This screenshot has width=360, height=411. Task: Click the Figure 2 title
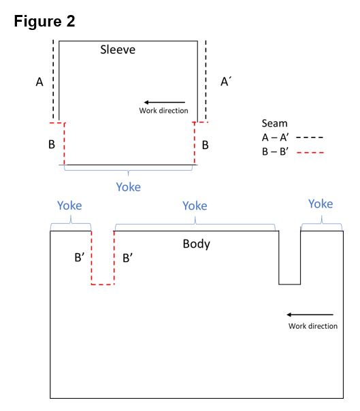tap(44, 21)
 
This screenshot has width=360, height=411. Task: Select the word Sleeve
tap(118, 50)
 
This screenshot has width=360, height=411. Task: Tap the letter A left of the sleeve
tap(39, 82)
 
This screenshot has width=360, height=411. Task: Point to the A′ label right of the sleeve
tap(226, 82)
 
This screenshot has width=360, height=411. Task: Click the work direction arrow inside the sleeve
tap(165, 102)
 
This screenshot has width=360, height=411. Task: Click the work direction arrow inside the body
tap(310, 314)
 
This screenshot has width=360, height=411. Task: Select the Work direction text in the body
tap(313, 326)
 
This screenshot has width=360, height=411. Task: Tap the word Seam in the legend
tap(274, 123)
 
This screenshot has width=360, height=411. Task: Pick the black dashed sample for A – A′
tap(310, 137)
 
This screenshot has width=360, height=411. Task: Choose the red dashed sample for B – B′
tap(310, 152)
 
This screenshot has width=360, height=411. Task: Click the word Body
tap(197, 244)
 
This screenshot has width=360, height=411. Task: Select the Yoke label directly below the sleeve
tap(129, 187)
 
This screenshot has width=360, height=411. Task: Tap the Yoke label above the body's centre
tap(195, 205)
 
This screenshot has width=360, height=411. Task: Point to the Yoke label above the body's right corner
tap(321, 203)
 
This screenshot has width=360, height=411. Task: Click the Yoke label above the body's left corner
tap(69, 205)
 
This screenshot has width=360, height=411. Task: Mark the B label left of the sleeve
tap(52, 144)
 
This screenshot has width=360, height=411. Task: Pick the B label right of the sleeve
tap(206, 145)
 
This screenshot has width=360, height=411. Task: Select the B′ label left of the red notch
tap(80, 257)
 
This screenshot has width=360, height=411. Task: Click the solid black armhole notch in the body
tap(289, 284)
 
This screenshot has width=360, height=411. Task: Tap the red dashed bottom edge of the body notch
tap(103, 284)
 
